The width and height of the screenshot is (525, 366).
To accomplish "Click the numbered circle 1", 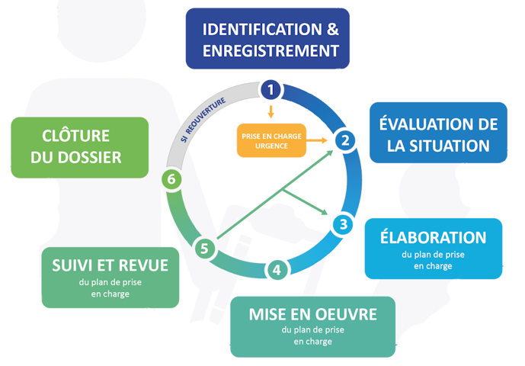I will [x=270, y=90].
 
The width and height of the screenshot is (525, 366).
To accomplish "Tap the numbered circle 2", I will [x=345, y=140].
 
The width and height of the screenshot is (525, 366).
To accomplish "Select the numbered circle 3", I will [x=344, y=224].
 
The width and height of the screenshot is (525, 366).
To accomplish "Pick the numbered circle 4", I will [x=277, y=269].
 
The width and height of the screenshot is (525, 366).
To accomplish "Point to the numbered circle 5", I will [x=203, y=248].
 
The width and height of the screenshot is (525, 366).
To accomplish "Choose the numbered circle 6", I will [x=172, y=179].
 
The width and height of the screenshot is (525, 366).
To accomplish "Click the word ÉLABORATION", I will [x=433, y=238].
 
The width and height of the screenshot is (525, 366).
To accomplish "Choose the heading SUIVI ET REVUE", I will [x=110, y=265].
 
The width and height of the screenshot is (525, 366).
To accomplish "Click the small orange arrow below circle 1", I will [x=269, y=111].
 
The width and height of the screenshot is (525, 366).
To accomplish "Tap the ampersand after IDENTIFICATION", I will [x=332, y=30].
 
